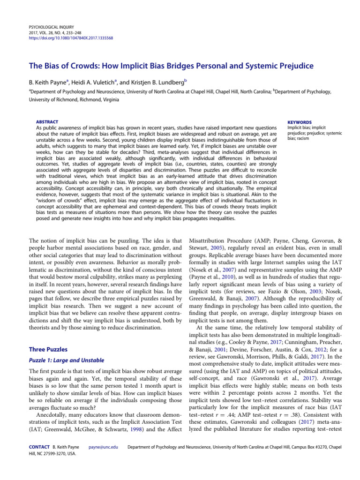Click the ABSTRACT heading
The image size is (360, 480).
coord(47,122)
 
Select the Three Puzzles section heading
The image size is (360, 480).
coord(49,350)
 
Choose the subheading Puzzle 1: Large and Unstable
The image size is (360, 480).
coord(67,360)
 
